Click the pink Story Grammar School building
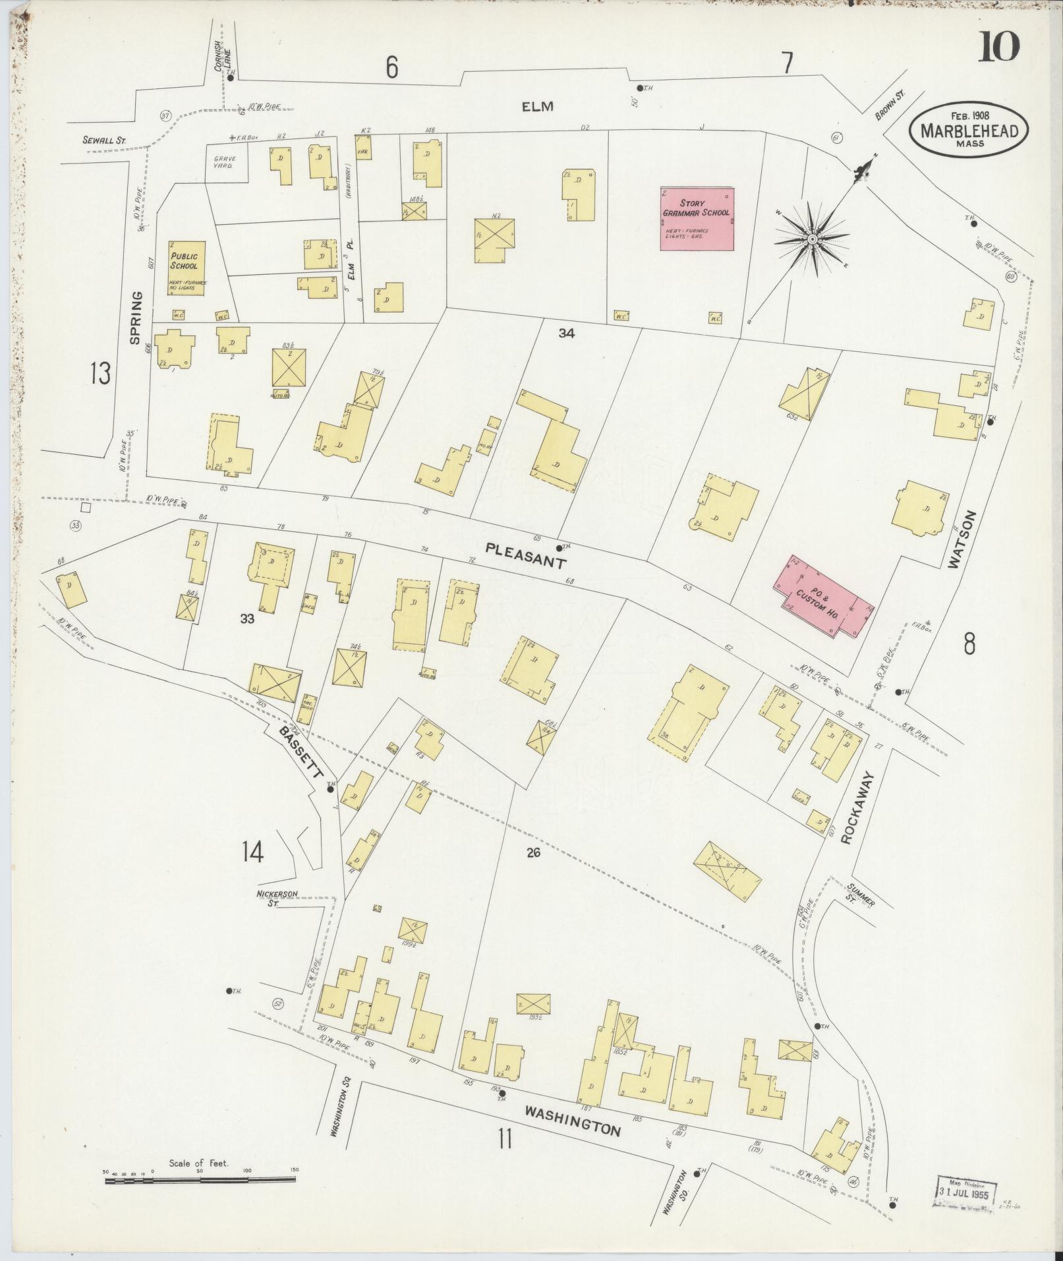coord(698,218)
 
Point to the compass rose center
coord(813,239)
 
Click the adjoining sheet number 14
coord(252,852)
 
